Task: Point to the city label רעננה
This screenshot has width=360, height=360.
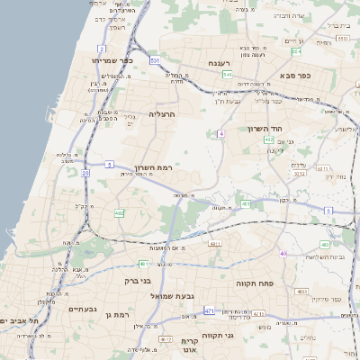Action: click(221, 63)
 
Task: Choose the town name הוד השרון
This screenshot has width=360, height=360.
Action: click(266, 129)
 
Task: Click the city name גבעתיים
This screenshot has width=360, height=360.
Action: click(83, 309)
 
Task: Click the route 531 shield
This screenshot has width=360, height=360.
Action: click(155, 60)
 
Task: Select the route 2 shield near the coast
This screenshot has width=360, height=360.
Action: click(103, 49)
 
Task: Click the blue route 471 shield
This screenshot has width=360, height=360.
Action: click(209, 310)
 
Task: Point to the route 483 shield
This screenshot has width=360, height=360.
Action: click(301, 292)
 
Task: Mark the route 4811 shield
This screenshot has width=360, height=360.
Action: click(214, 243)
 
